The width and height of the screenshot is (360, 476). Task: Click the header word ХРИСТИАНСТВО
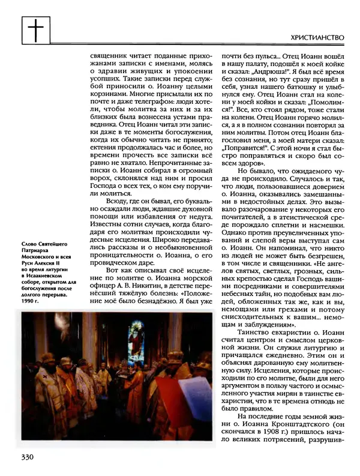click(316, 37)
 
